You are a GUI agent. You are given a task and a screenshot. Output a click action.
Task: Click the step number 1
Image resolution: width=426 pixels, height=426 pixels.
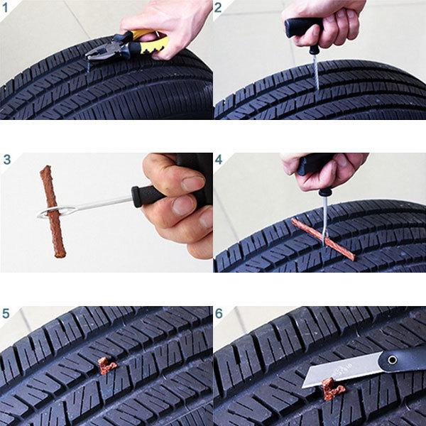point(6,8)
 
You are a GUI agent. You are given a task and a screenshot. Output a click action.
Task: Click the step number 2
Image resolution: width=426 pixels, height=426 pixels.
point(218,8)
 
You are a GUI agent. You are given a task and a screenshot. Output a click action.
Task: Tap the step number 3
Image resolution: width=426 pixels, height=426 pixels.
point(7,160)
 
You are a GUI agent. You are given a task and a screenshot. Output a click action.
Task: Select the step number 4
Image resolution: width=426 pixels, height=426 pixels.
point(219,160)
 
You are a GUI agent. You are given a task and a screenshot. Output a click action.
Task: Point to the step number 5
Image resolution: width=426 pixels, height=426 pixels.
point(6,314)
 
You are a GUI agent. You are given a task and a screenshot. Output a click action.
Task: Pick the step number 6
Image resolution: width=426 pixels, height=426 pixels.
point(219,314)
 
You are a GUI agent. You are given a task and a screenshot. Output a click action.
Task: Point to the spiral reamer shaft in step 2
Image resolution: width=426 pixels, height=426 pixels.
point(316,72)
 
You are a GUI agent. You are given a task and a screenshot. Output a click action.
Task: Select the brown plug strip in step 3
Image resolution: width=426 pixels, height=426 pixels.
point(53,212)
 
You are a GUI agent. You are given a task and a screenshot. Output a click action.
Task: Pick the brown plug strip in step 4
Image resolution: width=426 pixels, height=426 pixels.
point(323,239)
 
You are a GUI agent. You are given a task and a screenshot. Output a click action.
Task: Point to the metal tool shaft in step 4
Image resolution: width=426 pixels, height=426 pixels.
point(325,220)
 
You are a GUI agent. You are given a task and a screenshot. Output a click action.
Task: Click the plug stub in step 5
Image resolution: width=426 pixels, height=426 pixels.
point(107,366)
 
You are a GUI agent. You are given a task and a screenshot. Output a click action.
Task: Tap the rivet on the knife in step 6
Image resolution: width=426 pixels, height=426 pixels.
point(392,360)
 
